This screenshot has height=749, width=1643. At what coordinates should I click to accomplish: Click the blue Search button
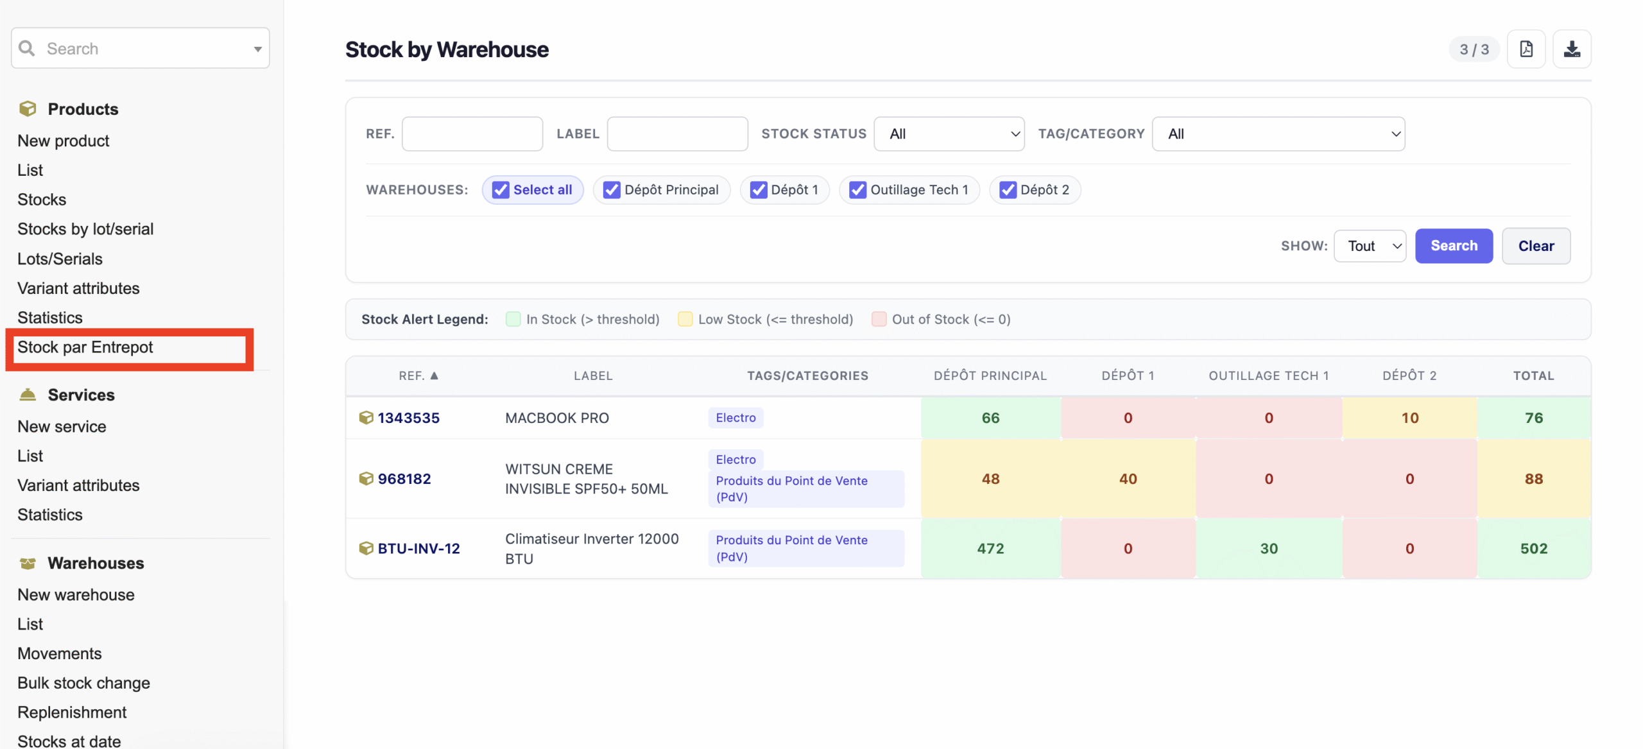point(1453,246)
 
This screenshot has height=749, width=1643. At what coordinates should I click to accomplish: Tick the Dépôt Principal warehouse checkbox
point(611,190)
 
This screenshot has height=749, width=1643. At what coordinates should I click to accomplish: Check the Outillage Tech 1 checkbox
point(857,190)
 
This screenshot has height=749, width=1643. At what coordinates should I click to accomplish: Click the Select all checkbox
point(500,190)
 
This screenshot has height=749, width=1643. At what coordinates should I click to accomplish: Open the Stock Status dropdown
point(949,134)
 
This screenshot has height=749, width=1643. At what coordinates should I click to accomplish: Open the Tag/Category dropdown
point(1278,134)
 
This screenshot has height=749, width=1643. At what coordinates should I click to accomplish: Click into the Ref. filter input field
point(472,134)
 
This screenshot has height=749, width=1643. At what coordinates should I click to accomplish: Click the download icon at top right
point(1571,49)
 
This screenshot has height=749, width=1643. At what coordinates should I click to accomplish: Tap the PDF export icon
point(1526,49)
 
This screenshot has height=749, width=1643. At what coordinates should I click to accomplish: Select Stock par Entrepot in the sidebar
point(85,347)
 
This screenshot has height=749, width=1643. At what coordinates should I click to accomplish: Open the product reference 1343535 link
point(408,418)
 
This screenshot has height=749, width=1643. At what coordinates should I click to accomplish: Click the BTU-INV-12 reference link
point(418,549)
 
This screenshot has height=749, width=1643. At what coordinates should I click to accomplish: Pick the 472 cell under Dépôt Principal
point(990,549)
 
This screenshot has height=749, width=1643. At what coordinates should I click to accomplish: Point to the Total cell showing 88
point(1533,479)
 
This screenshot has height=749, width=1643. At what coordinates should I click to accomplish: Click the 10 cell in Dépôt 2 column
point(1409,418)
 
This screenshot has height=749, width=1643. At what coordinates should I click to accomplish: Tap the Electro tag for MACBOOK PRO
point(735,418)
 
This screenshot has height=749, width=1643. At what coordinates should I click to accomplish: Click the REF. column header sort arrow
point(434,375)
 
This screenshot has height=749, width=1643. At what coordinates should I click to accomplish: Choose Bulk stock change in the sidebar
point(83,683)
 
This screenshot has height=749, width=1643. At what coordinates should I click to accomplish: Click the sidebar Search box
point(140,48)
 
